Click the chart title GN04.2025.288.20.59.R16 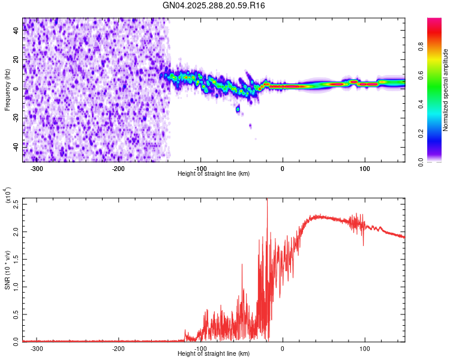[x=214, y=5]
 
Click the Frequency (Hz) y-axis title [x=7, y=90]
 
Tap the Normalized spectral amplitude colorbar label [x=446, y=90]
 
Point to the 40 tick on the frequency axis [x=17, y=31]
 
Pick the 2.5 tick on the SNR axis [x=17, y=203]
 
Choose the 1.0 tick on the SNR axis [x=17, y=286]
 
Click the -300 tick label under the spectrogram [x=37, y=169]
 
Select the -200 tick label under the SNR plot [x=119, y=348]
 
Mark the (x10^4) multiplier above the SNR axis [x=7, y=195]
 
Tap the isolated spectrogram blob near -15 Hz [x=238, y=109]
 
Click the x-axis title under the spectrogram [x=214, y=174]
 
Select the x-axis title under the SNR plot [x=214, y=354]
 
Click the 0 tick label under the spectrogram [x=282, y=169]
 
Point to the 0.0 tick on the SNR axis [x=17, y=341]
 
